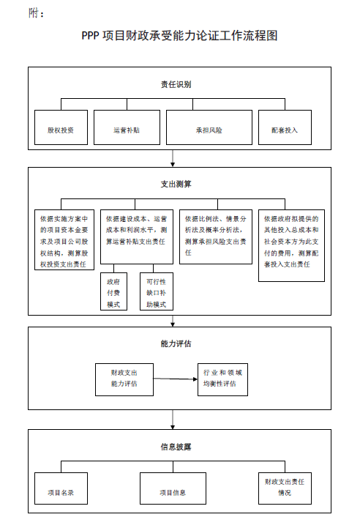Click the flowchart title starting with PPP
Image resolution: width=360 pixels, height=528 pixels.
pyautogui.click(x=180, y=35)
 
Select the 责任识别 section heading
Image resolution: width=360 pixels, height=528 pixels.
pyautogui.click(x=176, y=84)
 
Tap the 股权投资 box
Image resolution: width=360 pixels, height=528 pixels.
pyautogui.click(x=61, y=129)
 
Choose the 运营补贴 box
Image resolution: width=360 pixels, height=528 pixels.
pyautogui.click(x=126, y=129)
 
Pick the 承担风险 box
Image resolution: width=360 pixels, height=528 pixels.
pyautogui.click(x=209, y=129)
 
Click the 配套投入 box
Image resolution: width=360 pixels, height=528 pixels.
pyautogui.click(x=284, y=129)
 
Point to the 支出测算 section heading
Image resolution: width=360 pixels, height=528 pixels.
pyautogui.click(x=176, y=184)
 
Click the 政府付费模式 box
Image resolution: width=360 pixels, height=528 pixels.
pyautogui.click(x=113, y=291)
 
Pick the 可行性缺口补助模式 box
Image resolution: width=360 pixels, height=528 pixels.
pyautogui.click(x=156, y=291)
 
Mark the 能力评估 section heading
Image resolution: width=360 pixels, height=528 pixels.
pyautogui.click(x=176, y=343)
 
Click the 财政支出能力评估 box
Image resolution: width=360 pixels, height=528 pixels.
pyautogui.click(x=124, y=379)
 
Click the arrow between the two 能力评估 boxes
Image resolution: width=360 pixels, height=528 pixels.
pyautogui.click(x=176, y=379)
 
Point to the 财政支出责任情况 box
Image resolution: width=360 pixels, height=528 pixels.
pyautogui.click(x=285, y=488)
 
